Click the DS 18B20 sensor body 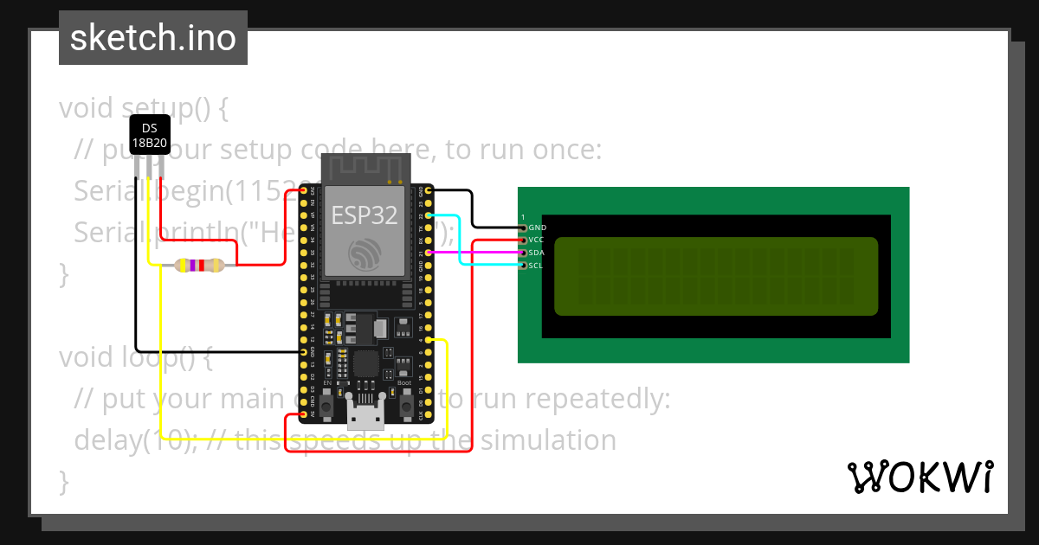click(x=149, y=137)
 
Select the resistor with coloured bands click(x=199, y=266)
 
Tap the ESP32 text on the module click(x=365, y=215)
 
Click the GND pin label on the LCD click(x=537, y=228)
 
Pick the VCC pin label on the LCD click(x=537, y=240)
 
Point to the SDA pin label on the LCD click(x=537, y=253)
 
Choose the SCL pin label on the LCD click(x=537, y=266)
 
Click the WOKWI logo click(x=920, y=477)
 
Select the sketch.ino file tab click(x=153, y=38)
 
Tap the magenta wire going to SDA click(x=476, y=253)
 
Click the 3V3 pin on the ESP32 click(x=304, y=190)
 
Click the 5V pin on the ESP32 click(x=304, y=414)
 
